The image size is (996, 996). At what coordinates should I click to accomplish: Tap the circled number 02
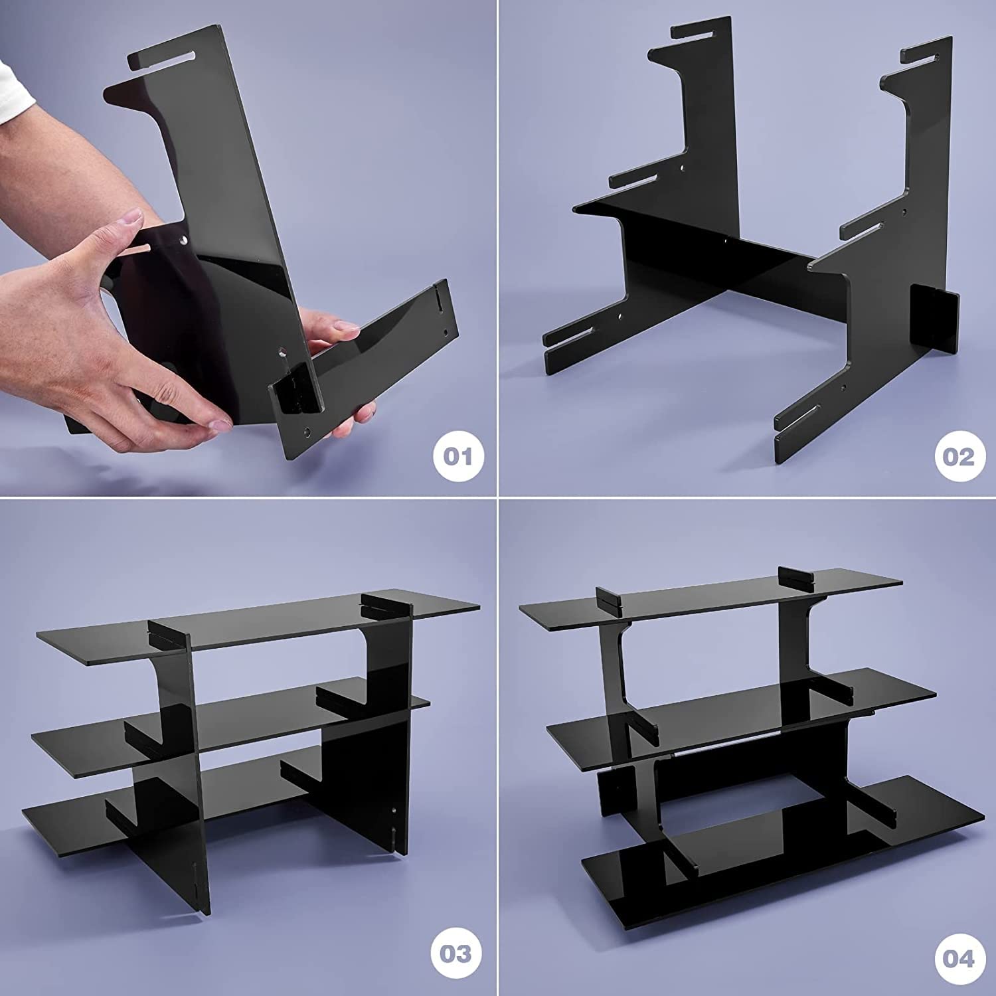click(957, 457)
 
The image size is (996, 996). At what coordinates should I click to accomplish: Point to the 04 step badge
click(957, 958)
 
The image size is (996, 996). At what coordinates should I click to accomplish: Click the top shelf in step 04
click(704, 604)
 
